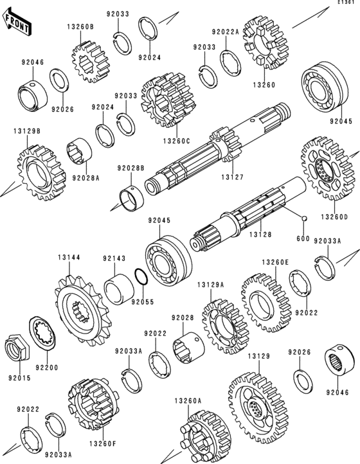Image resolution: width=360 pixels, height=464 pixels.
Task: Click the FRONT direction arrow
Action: [17, 22]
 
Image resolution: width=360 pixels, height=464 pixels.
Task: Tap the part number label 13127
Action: [233, 177]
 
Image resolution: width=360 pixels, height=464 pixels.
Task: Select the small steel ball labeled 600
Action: [303, 219]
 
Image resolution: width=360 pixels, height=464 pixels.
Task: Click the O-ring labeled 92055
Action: [141, 276]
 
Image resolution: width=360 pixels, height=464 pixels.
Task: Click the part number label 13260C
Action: [176, 141]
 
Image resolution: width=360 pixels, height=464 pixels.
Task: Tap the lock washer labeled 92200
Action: [42, 333]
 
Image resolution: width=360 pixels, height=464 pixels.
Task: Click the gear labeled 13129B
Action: [41, 173]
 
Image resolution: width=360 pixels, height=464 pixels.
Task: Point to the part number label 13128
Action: [260, 235]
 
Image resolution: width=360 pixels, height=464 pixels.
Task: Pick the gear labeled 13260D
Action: [327, 168]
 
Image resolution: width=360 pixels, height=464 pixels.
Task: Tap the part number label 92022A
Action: [225, 31]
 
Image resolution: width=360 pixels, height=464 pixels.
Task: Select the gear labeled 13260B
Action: [90, 62]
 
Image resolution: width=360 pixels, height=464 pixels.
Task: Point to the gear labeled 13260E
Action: [266, 303]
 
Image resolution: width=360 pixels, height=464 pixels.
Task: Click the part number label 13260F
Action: [103, 443]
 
